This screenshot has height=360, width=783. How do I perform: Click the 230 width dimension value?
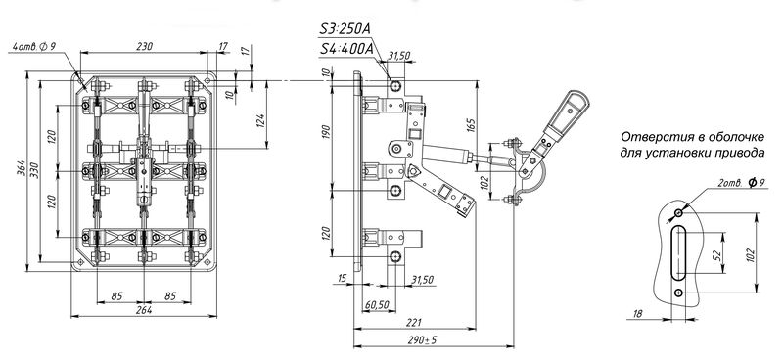144,46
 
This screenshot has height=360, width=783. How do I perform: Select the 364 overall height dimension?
22,171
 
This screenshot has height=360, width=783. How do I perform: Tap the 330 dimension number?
33,171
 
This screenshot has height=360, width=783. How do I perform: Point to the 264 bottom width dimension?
144,309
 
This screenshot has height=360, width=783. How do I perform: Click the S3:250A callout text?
345,29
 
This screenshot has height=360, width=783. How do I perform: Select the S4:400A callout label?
346,49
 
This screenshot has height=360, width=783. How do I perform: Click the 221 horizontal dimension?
415,322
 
